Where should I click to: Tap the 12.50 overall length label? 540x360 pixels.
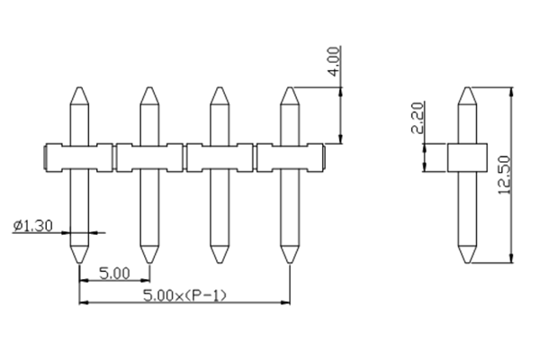coord(505,174)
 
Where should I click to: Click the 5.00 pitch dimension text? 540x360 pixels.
coord(113,273)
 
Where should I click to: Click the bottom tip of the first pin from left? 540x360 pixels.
coord(80,262)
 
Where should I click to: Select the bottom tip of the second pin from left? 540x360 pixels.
coord(149,262)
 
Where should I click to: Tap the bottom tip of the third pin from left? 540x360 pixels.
coord(219,262)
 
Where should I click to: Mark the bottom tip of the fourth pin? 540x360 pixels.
coord(289,262)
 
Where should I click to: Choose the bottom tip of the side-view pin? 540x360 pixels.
coord(467,262)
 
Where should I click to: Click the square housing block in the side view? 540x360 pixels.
coord(467,159)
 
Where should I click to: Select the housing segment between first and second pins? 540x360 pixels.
coord(115,159)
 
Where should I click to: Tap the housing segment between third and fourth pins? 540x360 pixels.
coord(255,159)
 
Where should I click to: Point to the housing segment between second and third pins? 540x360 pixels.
coord(184,159)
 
